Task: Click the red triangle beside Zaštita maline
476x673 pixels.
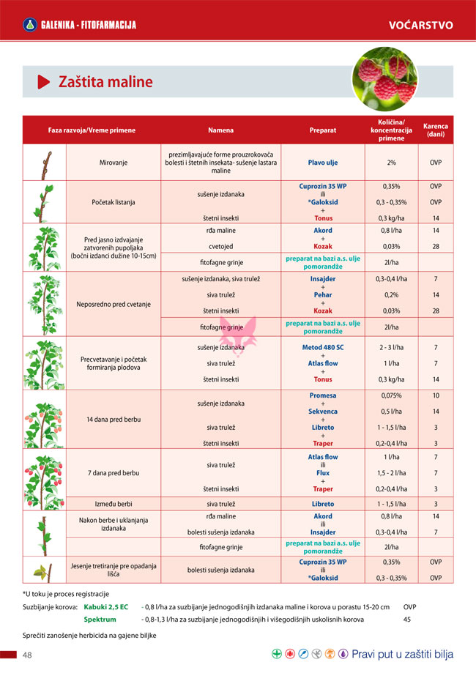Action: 43,81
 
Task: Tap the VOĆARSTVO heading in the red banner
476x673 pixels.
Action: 420,25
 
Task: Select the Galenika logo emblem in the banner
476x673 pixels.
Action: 30,25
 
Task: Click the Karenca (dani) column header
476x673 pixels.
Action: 436,130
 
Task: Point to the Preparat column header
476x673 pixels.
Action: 323,130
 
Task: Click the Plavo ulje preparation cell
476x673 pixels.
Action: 323,163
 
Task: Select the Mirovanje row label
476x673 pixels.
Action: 114,163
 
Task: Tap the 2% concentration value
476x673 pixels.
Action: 391,163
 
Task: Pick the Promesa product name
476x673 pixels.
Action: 323,395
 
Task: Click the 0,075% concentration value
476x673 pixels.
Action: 391,395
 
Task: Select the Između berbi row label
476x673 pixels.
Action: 114,504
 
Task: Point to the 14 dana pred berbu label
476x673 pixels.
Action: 114,419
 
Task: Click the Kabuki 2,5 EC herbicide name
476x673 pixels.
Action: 106,606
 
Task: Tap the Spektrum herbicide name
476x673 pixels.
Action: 100,620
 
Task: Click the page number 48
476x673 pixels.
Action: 28,654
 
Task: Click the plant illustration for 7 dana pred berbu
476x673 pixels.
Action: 44,472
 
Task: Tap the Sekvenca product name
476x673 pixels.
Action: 323,412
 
